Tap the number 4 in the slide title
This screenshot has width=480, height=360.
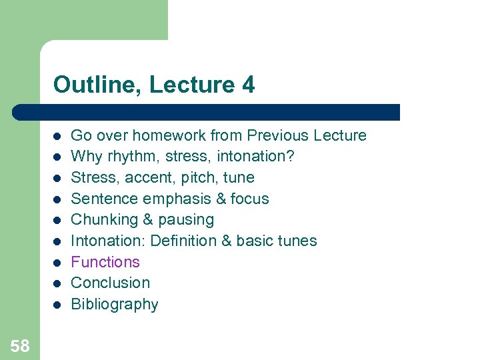click(248, 85)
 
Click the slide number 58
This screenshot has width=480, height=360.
click(20, 345)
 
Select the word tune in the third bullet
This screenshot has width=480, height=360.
click(240, 177)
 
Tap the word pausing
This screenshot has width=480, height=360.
click(187, 220)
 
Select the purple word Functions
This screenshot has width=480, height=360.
click(105, 262)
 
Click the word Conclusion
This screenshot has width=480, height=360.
click(110, 283)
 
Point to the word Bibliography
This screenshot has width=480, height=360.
click(115, 305)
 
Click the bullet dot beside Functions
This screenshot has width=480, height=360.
click(57, 263)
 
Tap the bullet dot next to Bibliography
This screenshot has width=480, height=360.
click(57, 305)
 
